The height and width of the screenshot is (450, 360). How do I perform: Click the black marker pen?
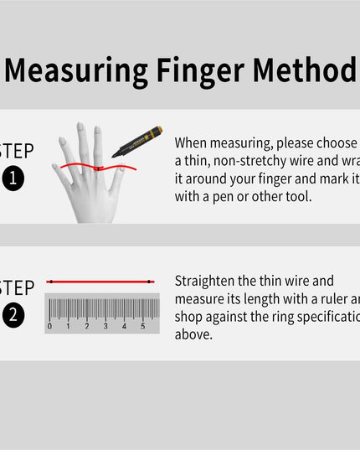(137, 142)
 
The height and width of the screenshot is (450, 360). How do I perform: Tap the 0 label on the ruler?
(49, 326)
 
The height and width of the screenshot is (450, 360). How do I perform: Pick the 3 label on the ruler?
(105, 326)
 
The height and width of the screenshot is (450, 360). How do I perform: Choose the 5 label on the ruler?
(142, 326)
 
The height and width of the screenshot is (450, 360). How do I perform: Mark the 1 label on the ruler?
(69, 326)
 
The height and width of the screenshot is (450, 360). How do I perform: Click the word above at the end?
(194, 334)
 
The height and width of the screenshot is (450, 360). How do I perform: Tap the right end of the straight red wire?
(152, 282)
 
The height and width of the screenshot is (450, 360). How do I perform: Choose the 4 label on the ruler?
(124, 326)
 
